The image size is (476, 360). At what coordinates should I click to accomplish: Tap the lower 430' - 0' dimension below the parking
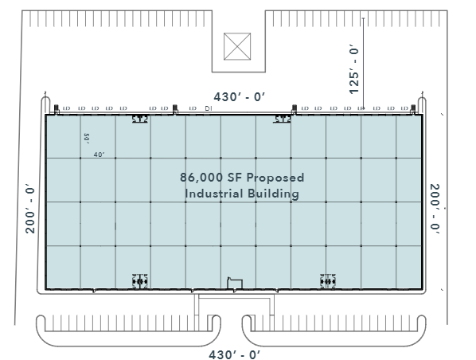234,353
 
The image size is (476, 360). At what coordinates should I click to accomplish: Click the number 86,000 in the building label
201,178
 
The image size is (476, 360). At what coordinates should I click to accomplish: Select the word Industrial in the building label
211,193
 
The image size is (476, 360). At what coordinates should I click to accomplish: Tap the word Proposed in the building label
276,178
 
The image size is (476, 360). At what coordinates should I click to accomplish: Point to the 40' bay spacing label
99,155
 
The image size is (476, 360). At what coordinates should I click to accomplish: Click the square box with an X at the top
238,45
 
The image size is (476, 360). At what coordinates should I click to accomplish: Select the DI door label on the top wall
208,108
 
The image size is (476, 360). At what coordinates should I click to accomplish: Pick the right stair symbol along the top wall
283,119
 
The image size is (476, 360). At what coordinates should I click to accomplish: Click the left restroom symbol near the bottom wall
140,280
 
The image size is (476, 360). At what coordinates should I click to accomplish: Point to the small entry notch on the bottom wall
234,282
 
